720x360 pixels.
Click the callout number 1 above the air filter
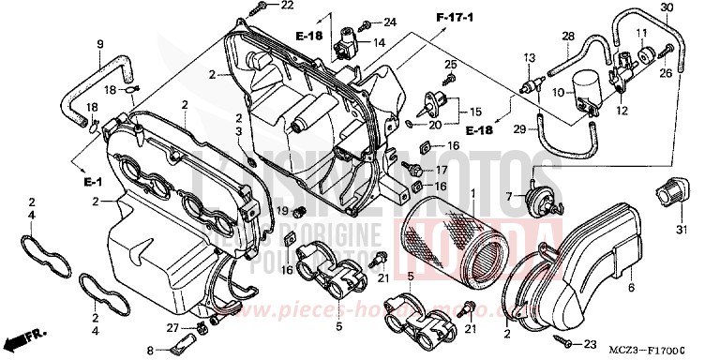coord(472,194)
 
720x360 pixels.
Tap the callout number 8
coord(148,350)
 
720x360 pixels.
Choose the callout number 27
coord(172,326)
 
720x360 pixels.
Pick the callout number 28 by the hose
coord(567,37)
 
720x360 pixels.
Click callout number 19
coord(280,211)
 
